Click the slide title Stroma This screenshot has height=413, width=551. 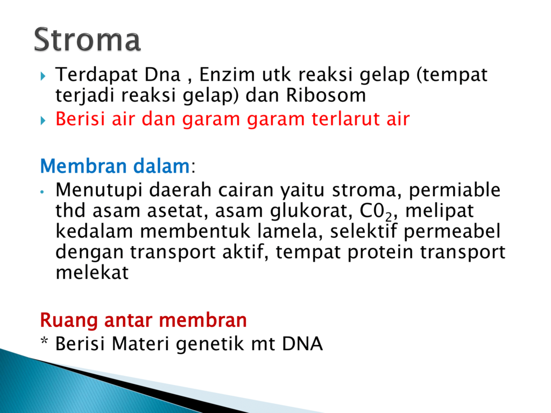click(x=87, y=39)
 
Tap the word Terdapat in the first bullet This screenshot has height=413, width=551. click(x=96, y=75)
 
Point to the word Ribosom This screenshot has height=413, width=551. click(x=326, y=95)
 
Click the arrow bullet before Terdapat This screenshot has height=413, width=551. click(x=43, y=76)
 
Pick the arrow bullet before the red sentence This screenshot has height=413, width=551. click(x=43, y=120)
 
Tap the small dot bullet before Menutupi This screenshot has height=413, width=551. click(x=43, y=192)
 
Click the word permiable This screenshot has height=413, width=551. click(x=454, y=190)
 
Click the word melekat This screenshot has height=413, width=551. click(x=92, y=272)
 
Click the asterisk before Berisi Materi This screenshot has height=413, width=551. click(x=44, y=340)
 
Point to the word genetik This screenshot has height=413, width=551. click(x=210, y=344)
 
